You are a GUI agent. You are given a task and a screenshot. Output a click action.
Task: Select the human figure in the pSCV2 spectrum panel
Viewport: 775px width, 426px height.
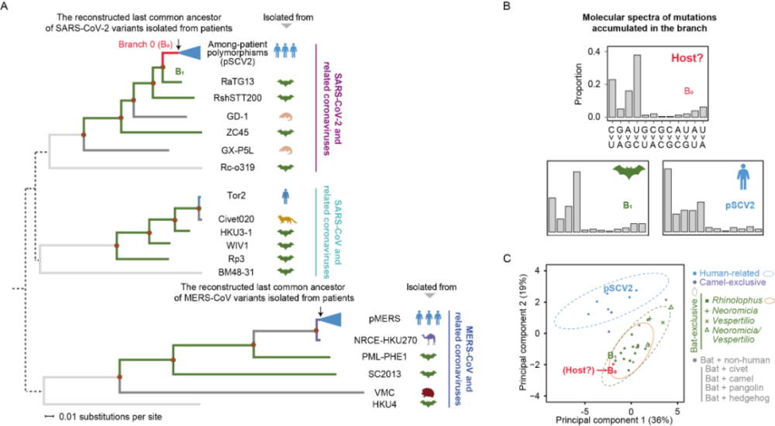coord(745,174)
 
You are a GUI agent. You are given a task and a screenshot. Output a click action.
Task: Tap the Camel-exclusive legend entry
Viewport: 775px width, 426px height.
coord(731,283)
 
